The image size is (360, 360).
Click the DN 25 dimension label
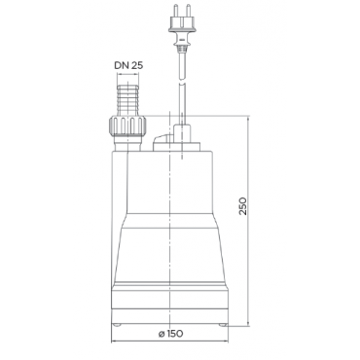pos(128,65)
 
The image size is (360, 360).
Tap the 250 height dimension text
pos(243,205)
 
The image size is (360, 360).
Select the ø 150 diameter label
pos(171,333)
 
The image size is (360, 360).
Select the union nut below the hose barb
pos(127,126)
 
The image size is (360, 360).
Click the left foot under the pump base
pos(117,324)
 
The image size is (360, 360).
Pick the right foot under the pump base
pos(222,324)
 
